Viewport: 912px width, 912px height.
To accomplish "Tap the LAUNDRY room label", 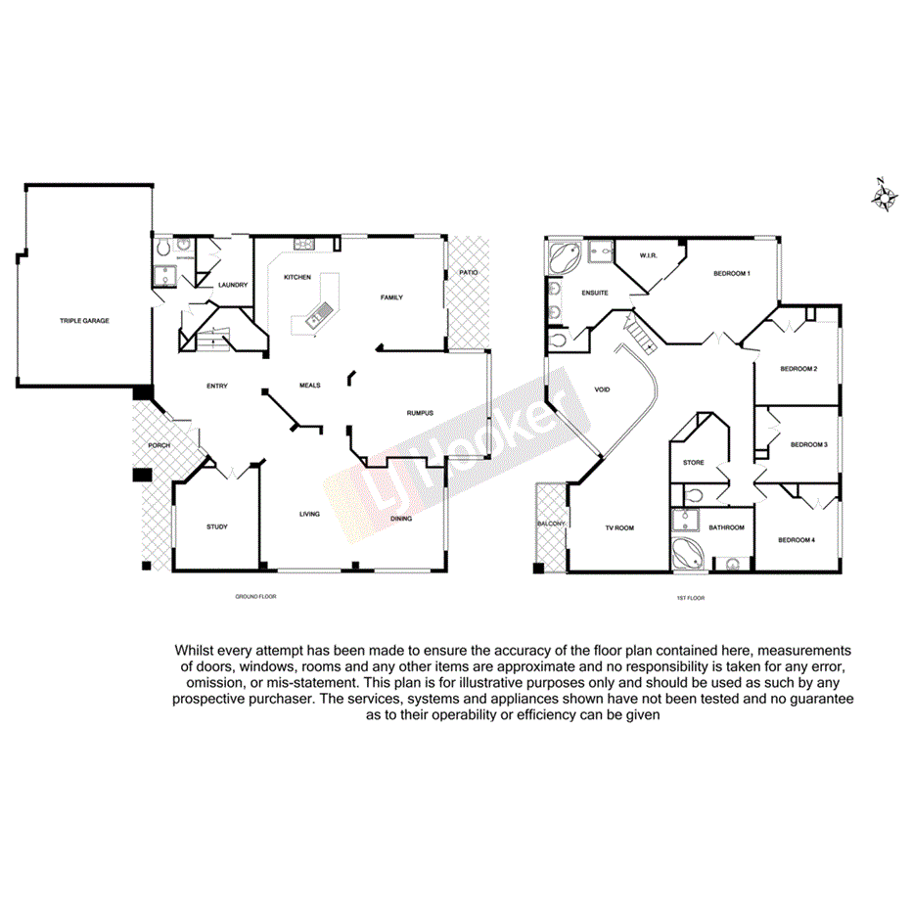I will tap(232, 286).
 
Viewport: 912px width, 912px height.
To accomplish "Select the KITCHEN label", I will tap(297, 277).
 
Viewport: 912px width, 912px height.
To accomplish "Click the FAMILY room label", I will tap(391, 297).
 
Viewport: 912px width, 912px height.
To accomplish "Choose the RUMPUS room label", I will tap(420, 413).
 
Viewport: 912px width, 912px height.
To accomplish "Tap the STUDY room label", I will tap(217, 527).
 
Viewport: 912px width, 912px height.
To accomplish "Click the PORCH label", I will tap(159, 445).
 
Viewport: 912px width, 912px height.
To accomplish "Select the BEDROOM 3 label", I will tap(808, 444).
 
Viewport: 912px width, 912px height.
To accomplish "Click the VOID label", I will tap(603, 389).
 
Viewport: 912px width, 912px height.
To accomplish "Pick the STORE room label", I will tap(694, 463).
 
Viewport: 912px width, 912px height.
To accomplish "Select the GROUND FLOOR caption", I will tap(255, 596).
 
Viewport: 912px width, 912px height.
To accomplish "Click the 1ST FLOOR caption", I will tap(691, 597).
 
